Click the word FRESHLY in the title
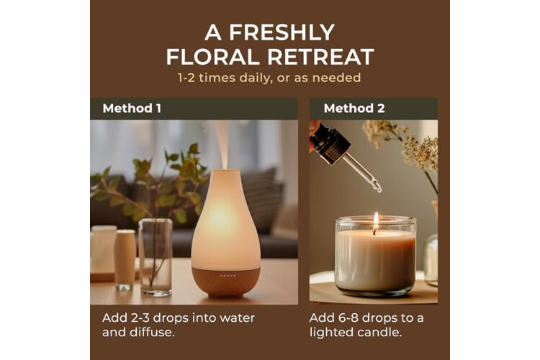point(282,32)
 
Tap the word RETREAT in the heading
point(320,57)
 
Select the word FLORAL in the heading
point(212,57)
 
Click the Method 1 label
point(132,109)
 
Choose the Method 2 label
point(354,109)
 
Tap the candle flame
point(376,219)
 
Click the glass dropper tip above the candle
point(378,188)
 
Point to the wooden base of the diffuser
point(226,281)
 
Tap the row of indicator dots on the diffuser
point(228,276)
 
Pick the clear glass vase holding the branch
point(156,257)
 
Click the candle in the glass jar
point(375,255)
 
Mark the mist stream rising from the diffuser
point(223,145)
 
